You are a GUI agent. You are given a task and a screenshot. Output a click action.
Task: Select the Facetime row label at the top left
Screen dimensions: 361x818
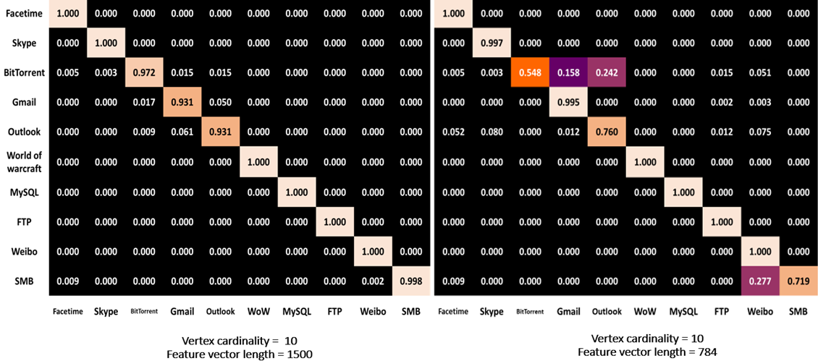click(x=23, y=14)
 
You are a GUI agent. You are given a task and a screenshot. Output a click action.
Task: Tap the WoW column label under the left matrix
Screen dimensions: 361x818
click(x=259, y=311)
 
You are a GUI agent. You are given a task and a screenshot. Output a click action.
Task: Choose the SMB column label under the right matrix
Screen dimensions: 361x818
click(x=798, y=311)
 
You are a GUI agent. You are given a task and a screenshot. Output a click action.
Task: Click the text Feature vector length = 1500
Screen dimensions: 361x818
click(x=240, y=354)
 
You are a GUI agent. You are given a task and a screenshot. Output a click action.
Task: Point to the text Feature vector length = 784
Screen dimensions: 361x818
click(x=646, y=352)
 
